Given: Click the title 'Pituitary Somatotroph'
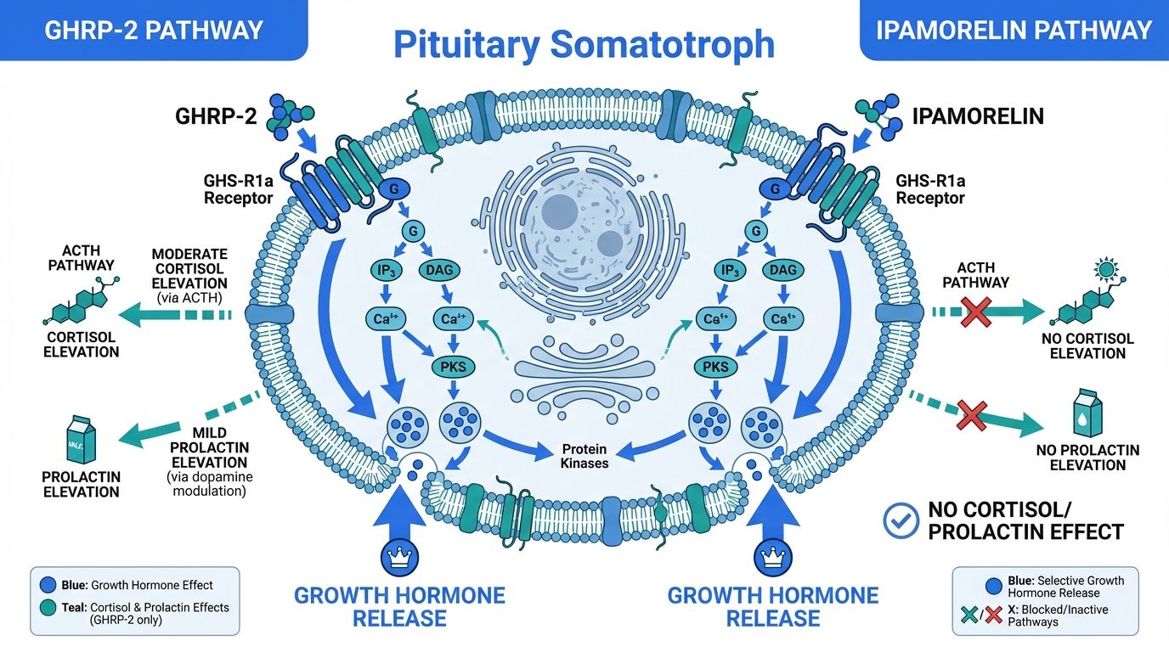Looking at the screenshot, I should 584,44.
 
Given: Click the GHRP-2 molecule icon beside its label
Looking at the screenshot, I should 289,117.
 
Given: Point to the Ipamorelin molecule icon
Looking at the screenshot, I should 879,116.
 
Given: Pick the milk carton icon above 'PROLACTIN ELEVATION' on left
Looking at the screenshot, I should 82,439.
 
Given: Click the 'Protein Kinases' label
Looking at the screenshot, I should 584,456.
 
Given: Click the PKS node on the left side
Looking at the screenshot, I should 452,368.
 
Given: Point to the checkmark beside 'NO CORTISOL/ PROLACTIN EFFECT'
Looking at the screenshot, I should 901,520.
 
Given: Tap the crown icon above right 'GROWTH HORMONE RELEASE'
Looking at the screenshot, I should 771,556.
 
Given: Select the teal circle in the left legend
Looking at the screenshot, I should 48,607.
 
